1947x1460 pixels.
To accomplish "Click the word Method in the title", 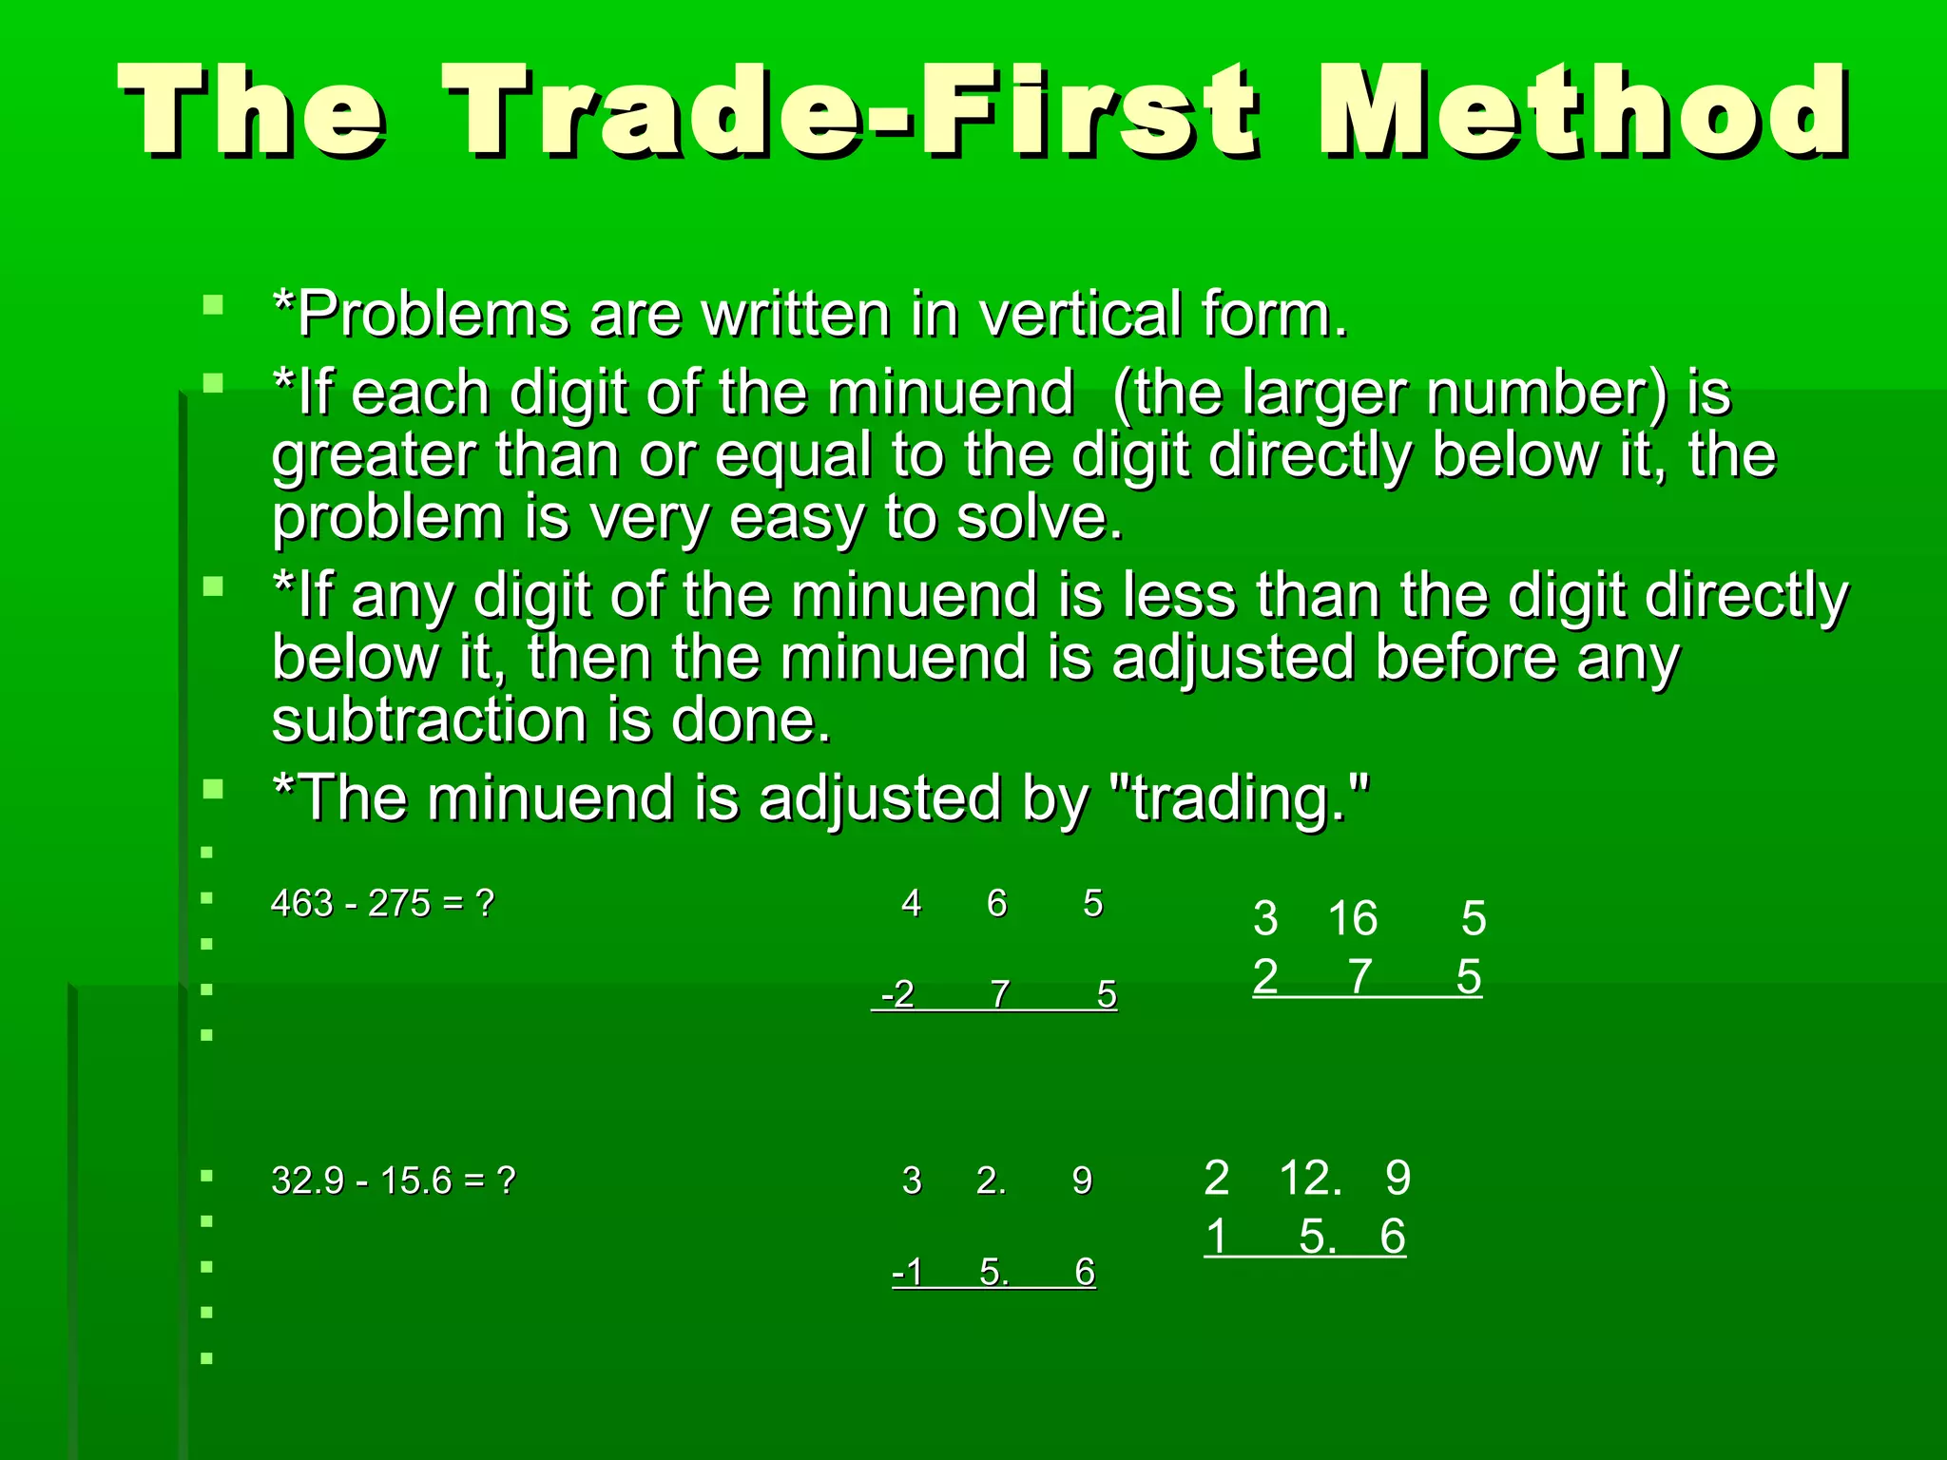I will click(1583, 112).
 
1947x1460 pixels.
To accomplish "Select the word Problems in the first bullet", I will click(433, 314).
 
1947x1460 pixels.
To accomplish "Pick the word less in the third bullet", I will click(1179, 596).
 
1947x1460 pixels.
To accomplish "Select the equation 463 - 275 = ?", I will click(382, 903).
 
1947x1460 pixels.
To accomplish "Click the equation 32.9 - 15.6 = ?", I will click(393, 1181).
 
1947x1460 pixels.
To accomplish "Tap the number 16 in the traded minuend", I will click(1352, 918).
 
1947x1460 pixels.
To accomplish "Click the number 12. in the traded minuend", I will click(1311, 1179).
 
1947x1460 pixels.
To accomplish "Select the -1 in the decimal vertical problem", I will click(908, 1272).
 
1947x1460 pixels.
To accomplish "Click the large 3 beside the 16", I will click(1265, 918).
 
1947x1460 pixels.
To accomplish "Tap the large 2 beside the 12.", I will click(1217, 1179).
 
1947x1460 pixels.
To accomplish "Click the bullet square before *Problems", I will click(213, 306).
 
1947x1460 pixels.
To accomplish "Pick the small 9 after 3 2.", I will click(1082, 1181).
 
